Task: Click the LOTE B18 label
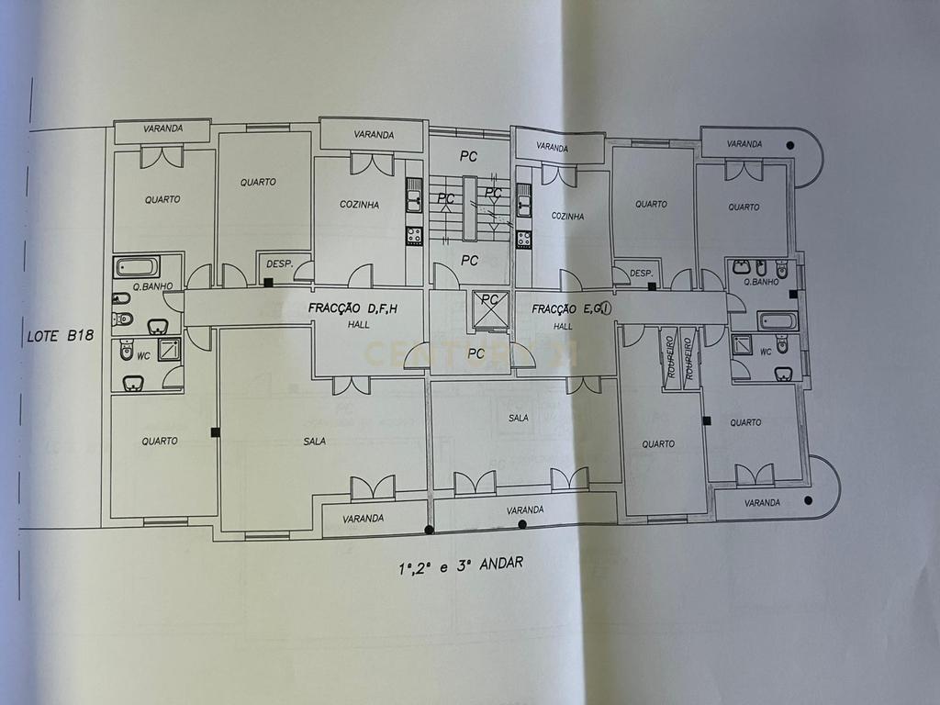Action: click(61, 336)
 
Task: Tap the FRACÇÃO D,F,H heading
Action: click(352, 308)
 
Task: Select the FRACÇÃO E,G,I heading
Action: click(571, 309)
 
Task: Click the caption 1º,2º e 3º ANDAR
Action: click(461, 565)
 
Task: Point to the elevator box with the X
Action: click(490, 309)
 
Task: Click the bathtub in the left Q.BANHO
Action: click(138, 267)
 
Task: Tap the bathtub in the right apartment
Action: click(778, 321)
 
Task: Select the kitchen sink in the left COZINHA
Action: click(414, 196)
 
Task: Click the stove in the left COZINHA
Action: click(414, 236)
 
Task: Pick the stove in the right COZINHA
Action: click(524, 239)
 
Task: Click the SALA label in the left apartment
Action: click(314, 442)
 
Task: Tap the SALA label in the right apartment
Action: click(518, 418)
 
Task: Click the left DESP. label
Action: click(279, 264)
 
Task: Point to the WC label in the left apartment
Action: click(143, 356)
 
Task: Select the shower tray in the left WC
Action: click(169, 350)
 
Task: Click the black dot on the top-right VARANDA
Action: click(790, 145)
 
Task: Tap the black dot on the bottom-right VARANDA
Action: click(808, 500)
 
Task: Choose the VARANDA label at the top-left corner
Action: click(163, 129)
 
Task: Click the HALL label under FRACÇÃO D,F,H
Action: click(359, 325)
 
